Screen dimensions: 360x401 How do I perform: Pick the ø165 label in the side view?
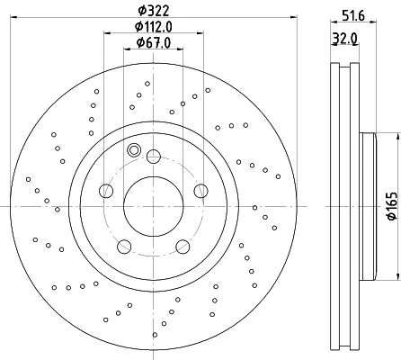coord(391,208)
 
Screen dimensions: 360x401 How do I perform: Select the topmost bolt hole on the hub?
coord(153,156)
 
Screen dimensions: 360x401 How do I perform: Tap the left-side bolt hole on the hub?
coord(106,190)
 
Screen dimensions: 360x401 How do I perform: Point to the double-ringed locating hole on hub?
coord(134,150)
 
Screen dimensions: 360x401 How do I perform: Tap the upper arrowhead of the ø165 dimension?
coord(393,137)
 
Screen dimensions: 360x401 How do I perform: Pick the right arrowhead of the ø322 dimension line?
coord(290,20)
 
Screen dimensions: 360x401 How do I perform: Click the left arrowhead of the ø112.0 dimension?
coord(107,36)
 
